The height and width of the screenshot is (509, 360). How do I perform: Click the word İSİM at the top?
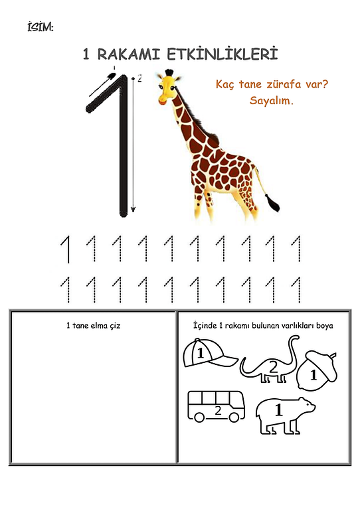(40, 27)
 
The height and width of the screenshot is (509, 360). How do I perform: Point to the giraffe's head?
(168, 87)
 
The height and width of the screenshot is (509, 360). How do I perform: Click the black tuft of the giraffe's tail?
(272, 202)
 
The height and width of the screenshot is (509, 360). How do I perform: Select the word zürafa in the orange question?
(284, 84)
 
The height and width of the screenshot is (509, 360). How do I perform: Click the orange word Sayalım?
(271, 100)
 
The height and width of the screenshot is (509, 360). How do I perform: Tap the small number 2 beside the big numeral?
(139, 78)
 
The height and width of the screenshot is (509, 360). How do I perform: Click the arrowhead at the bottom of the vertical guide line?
(133, 209)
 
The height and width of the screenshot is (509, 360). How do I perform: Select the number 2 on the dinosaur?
(274, 368)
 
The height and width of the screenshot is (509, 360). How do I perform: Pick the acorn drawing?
(317, 370)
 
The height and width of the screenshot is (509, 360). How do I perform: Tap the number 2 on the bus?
(218, 411)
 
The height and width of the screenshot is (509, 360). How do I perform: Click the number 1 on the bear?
(278, 409)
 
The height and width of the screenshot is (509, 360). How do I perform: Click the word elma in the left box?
(100, 325)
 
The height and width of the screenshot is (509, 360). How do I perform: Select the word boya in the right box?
(324, 326)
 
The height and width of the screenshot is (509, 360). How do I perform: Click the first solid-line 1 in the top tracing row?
(66, 249)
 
